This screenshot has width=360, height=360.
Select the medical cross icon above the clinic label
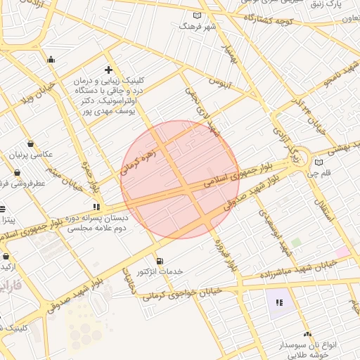tap(108, 70)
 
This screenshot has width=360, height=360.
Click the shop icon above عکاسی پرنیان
tap(31, 143)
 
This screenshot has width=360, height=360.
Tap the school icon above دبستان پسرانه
tap(96, 207)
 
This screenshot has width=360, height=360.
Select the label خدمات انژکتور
tap(160, 271)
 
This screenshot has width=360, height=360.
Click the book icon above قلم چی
tap(319, 162)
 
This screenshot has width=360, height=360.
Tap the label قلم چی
tap(318, 173)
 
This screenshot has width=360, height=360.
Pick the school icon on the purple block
tap(279, 303)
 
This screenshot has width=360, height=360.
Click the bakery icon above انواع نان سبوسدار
tap(307, 334)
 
